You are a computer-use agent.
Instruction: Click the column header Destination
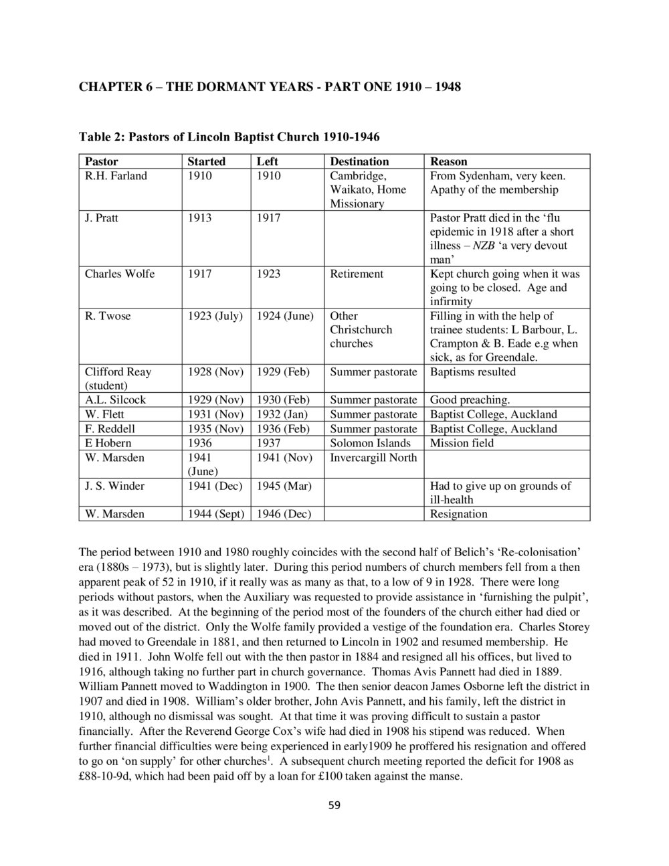359,161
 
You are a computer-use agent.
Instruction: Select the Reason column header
448,161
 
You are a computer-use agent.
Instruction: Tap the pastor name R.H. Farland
116,176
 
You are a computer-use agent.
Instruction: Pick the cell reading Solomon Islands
371,443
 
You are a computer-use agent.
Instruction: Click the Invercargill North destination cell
373,458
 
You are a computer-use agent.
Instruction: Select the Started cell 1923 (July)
215,316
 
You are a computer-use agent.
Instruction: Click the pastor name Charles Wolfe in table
119,274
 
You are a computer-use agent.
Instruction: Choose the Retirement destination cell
357,274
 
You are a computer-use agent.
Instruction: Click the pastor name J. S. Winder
114,486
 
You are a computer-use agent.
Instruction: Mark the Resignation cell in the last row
458,514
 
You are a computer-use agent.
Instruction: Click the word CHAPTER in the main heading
110,87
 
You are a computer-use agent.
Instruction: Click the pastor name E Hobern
108,443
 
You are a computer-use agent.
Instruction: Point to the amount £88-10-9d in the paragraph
108,777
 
